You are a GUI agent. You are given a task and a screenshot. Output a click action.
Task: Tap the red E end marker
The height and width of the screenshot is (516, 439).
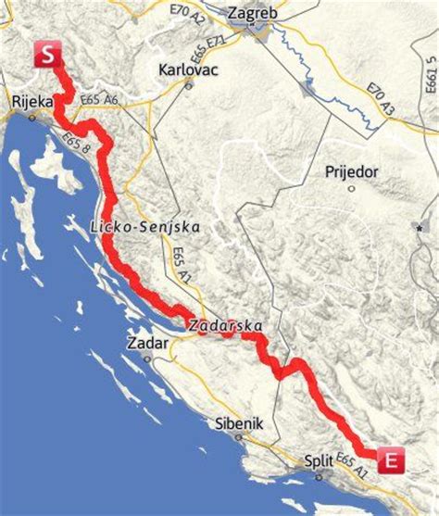pyautogui.click(x=392, y=458)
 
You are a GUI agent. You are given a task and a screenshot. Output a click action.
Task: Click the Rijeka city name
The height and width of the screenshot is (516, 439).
pyautogui.click(x=31, y=102)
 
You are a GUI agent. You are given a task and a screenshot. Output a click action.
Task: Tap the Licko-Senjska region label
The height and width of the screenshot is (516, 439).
pyautogui.click(x=145, y=227)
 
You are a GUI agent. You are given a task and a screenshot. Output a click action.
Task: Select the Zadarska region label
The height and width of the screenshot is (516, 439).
pyautogui.click(x=225, y=326)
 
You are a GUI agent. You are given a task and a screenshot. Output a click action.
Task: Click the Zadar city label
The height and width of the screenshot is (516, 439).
pyautogui.click(x=146, y=344)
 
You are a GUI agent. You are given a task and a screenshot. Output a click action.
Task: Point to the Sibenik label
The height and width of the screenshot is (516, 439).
pyautogui.click(x=239, y=423)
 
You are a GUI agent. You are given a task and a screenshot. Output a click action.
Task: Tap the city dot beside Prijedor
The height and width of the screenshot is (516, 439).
pyautogui.click(x=352, y=188)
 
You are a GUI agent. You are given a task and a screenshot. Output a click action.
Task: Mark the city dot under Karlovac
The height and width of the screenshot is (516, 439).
pyautogui.click(x=189, y=85)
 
